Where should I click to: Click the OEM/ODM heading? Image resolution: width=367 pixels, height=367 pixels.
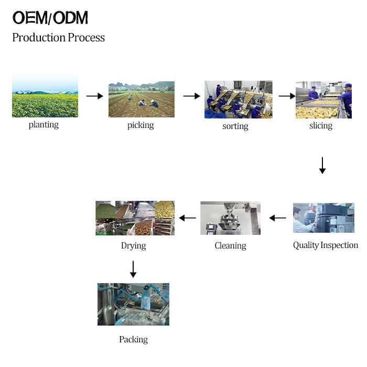(x=50, y=18)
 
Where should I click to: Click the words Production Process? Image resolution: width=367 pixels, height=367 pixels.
(x=58, y=38)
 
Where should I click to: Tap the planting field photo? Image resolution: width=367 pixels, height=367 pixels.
(x=45, y=96)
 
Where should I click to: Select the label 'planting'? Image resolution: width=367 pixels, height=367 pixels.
(x=44, y=125)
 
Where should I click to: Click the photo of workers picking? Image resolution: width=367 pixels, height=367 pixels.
(x=141, y=99)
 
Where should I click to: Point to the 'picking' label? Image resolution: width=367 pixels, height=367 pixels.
(x=141, y=125)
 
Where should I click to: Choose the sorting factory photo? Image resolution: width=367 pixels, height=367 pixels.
(x=238, y=99)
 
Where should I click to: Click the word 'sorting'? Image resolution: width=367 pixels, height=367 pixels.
(x=235, y=126)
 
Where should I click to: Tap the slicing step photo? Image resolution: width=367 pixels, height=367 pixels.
(x=323, y=100)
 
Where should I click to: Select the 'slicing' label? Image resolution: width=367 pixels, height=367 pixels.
(x=320, y=125)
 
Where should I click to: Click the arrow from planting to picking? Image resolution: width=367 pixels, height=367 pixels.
(x=94, y=96)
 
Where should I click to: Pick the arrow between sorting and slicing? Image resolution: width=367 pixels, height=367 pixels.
(x=287, y=96)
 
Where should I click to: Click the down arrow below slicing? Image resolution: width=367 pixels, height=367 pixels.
(x=322, y=166)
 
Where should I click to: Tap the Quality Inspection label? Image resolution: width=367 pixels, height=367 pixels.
(x=325, y=245)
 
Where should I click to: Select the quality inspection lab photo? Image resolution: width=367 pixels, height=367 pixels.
(x=323, y=218)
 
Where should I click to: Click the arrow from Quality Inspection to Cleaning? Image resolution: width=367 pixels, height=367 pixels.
(x=277, y=218)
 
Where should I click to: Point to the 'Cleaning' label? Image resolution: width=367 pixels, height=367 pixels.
(x=230, y=245)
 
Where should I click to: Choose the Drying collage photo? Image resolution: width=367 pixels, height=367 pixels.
(x=135, y=218)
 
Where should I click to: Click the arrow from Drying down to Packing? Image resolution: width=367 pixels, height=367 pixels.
(x=133, y=268)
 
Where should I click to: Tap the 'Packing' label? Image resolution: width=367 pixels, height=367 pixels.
(x=133, y=340)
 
